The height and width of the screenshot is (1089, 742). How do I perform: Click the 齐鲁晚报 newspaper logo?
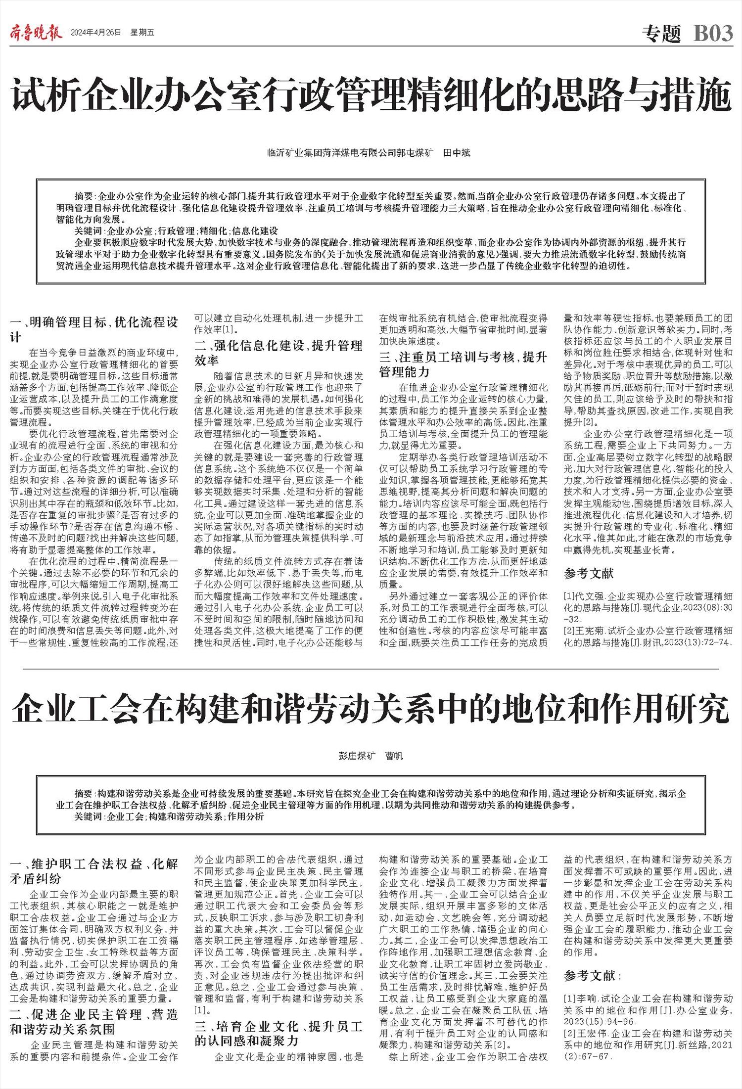(36, 33)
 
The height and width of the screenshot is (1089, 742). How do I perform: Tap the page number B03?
(713, 33)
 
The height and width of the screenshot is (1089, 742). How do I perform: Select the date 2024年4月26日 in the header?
(96, 33)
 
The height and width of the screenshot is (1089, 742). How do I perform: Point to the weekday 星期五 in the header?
(142, 33)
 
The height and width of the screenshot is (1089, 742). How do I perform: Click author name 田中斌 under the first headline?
(456, 153)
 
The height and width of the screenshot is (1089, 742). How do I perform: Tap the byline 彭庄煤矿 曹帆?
(371, 756)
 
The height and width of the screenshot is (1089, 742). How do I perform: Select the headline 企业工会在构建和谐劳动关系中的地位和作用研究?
(371, 709)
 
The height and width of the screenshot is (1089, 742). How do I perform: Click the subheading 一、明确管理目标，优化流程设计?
(94, 330)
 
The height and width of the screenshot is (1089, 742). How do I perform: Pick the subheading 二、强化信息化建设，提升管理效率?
(278, 352)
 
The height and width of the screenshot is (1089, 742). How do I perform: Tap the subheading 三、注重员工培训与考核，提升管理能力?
(464, 364)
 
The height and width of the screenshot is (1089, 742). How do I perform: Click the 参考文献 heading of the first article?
(589, 573)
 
